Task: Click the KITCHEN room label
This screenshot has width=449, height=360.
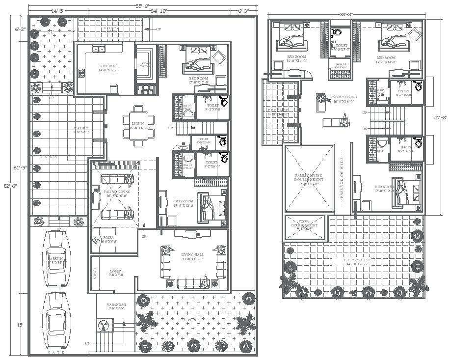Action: (x=108, y=66)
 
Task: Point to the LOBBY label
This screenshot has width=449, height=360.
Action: (x=116, y=271)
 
